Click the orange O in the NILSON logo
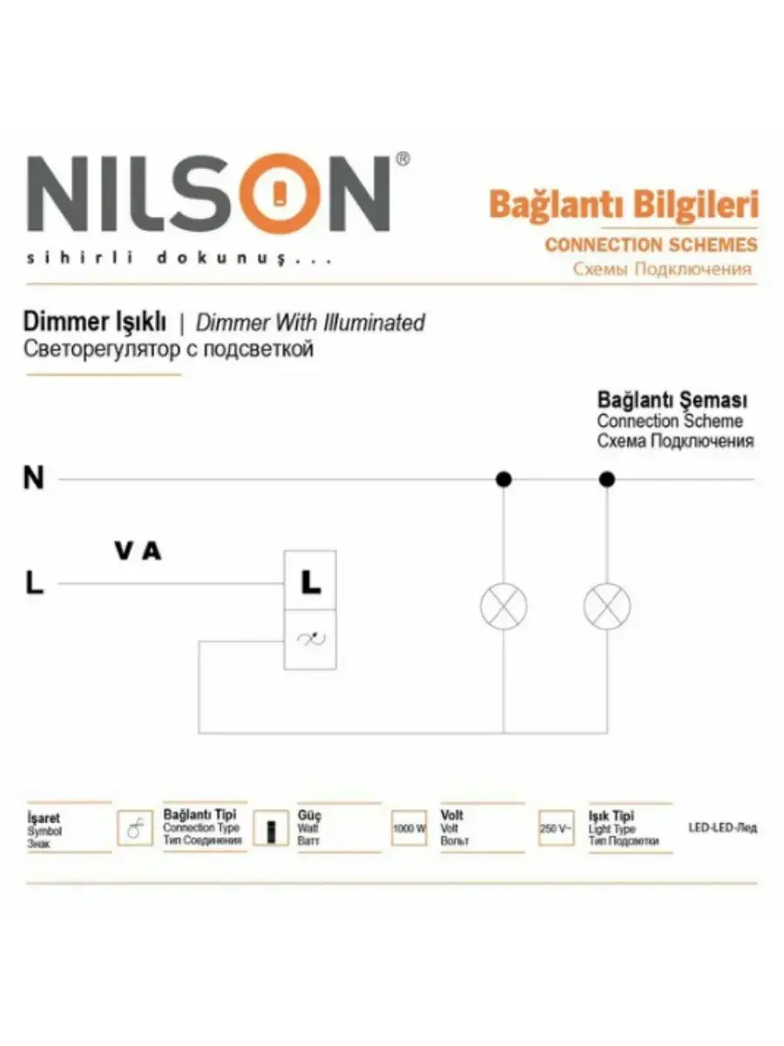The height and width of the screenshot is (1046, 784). click(279, 195)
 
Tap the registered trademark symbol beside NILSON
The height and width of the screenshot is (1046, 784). click(402, 160)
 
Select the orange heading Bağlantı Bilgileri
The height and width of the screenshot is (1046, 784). click(624, 205)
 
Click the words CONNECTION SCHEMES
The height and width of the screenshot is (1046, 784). click(651, 245)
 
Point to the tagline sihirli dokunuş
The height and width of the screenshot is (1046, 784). click(179, 259)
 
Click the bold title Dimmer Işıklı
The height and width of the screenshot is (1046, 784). click(94, 323)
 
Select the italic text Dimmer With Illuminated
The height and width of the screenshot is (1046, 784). click(310, 323)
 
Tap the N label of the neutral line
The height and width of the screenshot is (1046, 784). click(34, 479)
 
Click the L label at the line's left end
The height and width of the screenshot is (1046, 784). click(34, 583)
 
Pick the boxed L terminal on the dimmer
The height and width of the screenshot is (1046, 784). click(310, 581)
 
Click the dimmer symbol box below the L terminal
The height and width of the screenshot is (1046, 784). click(310, 640)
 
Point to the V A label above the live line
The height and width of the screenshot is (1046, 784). click(138, 552)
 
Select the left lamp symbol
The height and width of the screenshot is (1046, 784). click(504, 607)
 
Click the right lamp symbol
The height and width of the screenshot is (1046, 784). click(607, 607)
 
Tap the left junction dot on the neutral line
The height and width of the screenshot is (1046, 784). click(504, 479)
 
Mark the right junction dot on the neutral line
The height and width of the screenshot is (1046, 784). click(607, 479)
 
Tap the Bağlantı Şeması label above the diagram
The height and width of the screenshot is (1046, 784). click(672, 401)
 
